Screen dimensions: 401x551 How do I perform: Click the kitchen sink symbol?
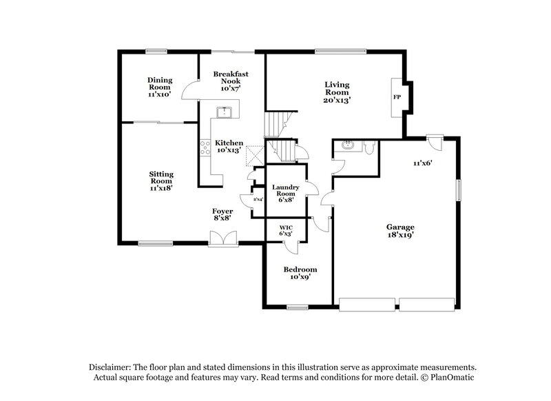point(223,113)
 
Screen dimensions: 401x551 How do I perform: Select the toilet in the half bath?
point(368,146)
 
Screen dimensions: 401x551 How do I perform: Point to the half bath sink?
point(347,145)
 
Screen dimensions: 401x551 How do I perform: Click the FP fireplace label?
point(397,97)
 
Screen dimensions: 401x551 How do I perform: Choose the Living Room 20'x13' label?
point(337,92)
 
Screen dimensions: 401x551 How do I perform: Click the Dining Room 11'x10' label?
point(160,87)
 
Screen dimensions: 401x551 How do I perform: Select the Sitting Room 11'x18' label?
point(161,181)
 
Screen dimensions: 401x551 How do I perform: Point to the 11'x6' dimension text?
point(422,163)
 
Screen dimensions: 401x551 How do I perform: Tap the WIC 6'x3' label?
point(286,230)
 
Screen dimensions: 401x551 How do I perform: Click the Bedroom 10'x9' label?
point(300,273)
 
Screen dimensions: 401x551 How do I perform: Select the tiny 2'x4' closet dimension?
point(258,200)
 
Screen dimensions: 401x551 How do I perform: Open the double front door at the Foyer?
point(223,238)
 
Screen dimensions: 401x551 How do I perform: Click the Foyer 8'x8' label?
point(222,214)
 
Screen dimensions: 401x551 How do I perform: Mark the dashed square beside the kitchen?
point(253,154)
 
